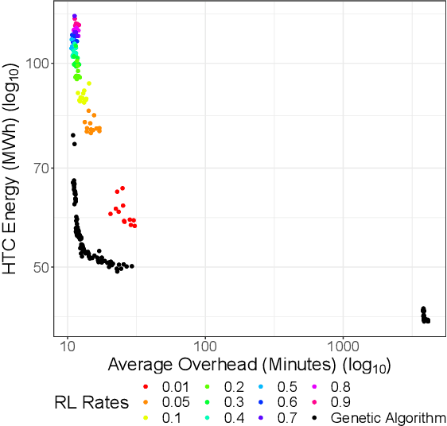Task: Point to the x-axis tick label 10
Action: pos(68,347)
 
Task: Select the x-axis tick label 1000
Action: pos(343,347)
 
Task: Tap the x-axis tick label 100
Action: pos(205,347)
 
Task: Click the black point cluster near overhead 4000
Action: pos(425,316)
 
